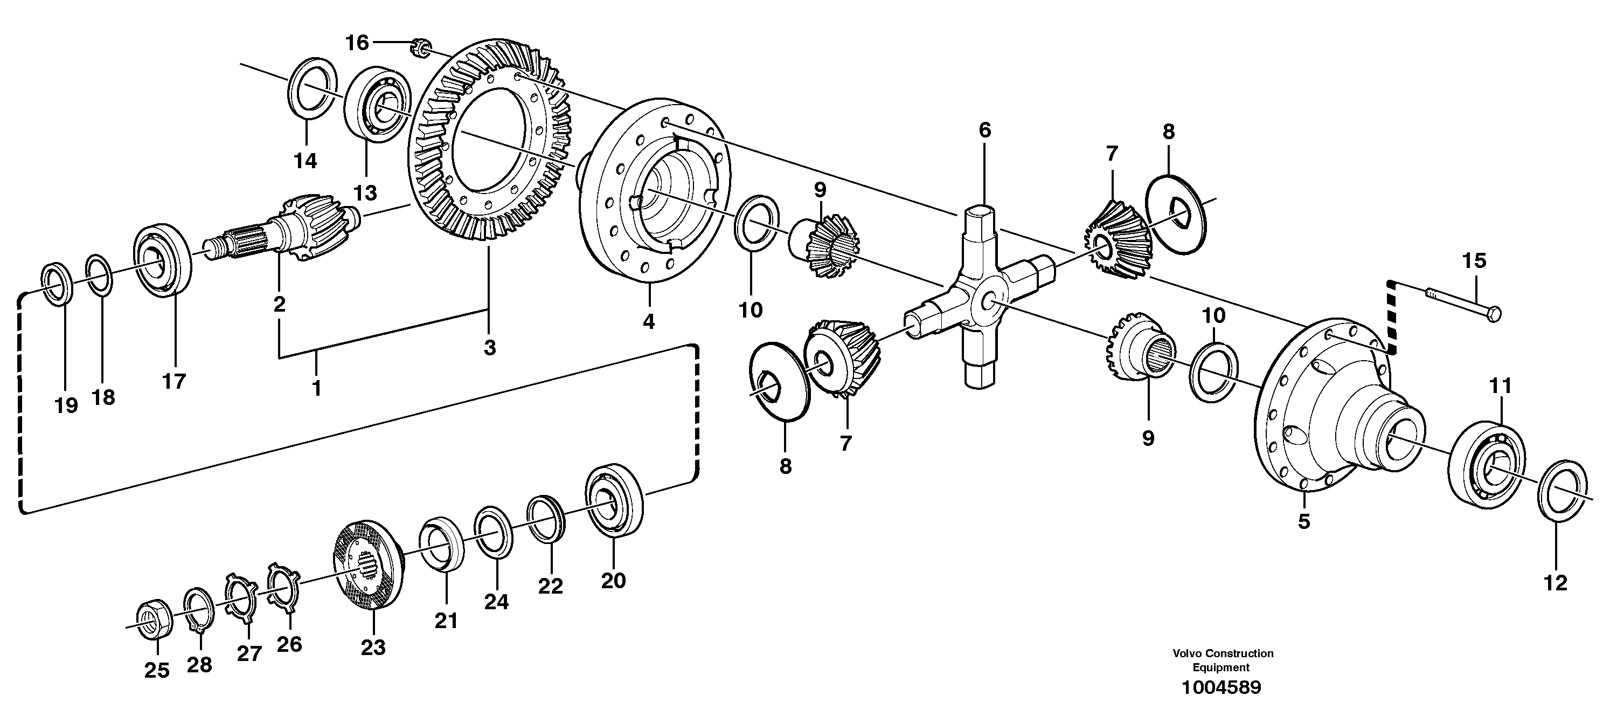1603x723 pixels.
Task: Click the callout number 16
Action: pos(357,43)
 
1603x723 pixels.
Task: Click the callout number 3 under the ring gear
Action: pos(490,348)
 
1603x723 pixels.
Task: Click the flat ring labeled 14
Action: pos(314,88)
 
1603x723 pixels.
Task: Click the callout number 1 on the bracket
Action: pos(317,388)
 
